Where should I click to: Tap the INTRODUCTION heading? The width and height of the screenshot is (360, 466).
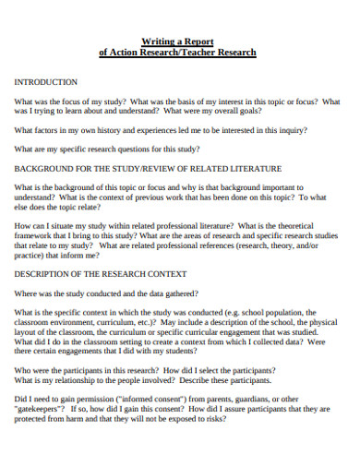(x=46, y=82)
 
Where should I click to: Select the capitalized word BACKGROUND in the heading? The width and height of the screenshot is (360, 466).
(x=42, y=169)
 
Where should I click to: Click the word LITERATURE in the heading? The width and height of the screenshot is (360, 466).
(x=248, y=169)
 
